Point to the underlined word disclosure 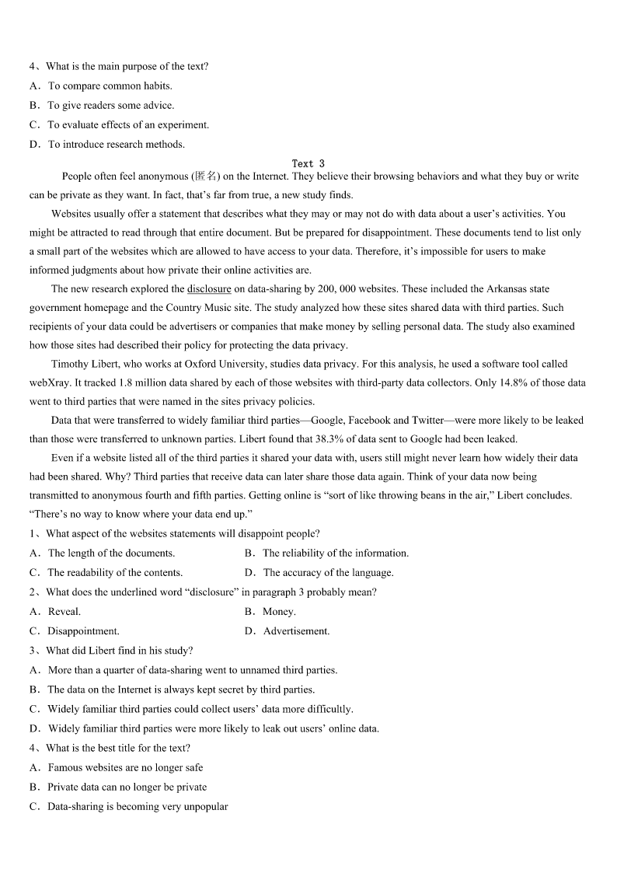pyautogui.click(x=209, y=289)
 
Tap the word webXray pyautogui.click(x=47, y=382)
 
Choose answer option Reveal pyautogui.click(x=64, y=612)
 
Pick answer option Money pyautogui.click(x=279, y=612)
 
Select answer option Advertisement pyautogui.click(x=296, y=631)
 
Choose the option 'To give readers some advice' pyautogui.click(x=110, y=106)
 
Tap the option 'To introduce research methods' pyautogui.click(x=116, y=145)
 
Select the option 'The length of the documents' pyautogui.click(x=111, y=553)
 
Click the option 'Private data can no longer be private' pyautogui.click(x=127, y=787)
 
